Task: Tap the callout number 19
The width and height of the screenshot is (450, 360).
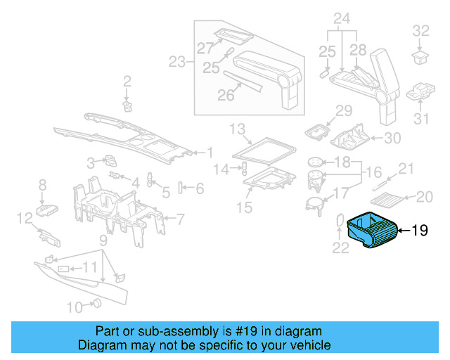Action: click(x=419, y=231)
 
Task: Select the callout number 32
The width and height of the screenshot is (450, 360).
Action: click(x=420, y=31)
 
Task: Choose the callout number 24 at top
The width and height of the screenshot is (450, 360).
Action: click(x=342, y=18)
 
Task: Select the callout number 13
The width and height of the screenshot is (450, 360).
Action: click(x=236, y=129)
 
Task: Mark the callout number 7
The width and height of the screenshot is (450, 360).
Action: click(x=180, y=219)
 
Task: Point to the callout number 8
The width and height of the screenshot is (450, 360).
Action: click(x=42, y=185)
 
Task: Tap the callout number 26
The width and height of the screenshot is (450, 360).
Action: click(x=225, y=95)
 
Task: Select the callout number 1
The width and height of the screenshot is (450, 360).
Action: click(x=209, y=152)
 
